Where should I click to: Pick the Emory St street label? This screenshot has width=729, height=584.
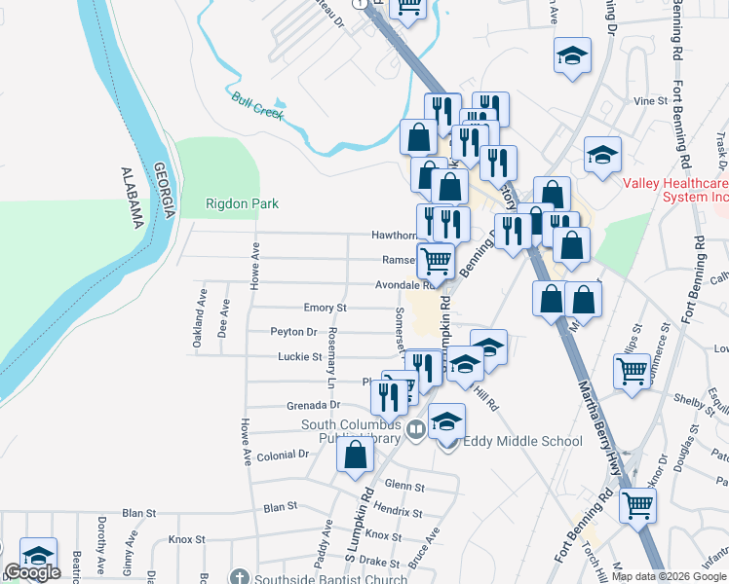point(325,308)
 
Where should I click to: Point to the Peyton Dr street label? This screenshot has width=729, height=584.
point(293,332)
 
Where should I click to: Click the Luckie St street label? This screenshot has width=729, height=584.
point(299,357)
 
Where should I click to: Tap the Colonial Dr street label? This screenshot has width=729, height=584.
point(283,456)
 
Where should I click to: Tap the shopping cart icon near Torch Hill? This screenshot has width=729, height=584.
point(637,505)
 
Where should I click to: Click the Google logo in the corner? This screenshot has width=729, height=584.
point(32,573)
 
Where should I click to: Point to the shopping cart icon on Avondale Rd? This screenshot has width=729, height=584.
point(435,260)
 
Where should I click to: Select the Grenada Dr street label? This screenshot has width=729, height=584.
point(313,405)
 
